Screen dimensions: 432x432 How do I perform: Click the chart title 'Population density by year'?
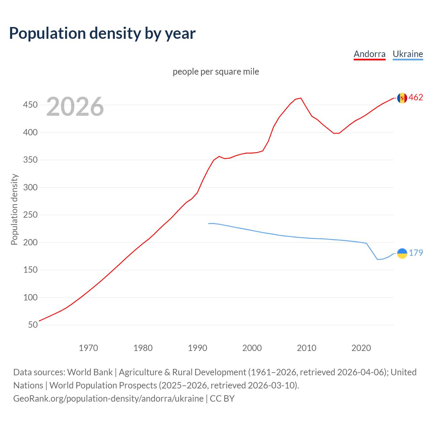pos(102,33)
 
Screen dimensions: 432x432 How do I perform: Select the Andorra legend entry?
pos(369,54)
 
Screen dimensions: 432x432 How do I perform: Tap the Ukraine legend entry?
pos(408,54)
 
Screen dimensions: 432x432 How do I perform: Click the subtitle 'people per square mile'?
pos(216,72)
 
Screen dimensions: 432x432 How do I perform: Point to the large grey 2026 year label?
pos(75,107)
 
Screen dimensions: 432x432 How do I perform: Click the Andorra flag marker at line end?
pos(402,98)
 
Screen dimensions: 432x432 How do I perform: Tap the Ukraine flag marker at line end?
pos(402,253)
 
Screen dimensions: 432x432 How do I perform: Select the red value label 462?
pos(416,98)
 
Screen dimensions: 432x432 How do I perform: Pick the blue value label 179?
pos(416,253)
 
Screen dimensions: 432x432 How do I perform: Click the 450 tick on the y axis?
pos(30,105)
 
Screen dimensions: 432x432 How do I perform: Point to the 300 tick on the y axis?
pos(30,187)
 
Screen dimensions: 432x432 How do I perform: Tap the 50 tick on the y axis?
pos(33,325)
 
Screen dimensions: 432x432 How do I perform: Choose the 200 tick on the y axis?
pos(30,242)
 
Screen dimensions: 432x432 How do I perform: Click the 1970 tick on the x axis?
pos(88,348)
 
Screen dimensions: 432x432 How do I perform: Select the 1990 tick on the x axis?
pos(197,348)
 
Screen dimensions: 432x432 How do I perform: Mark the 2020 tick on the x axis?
pos(361,348)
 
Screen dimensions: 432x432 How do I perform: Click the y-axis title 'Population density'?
pos(14,209)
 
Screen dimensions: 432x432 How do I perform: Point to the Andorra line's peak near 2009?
pos(301,98)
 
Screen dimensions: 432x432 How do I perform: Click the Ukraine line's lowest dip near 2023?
pos(378,259)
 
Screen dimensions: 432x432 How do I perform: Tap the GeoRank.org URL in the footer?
pos(108,398)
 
